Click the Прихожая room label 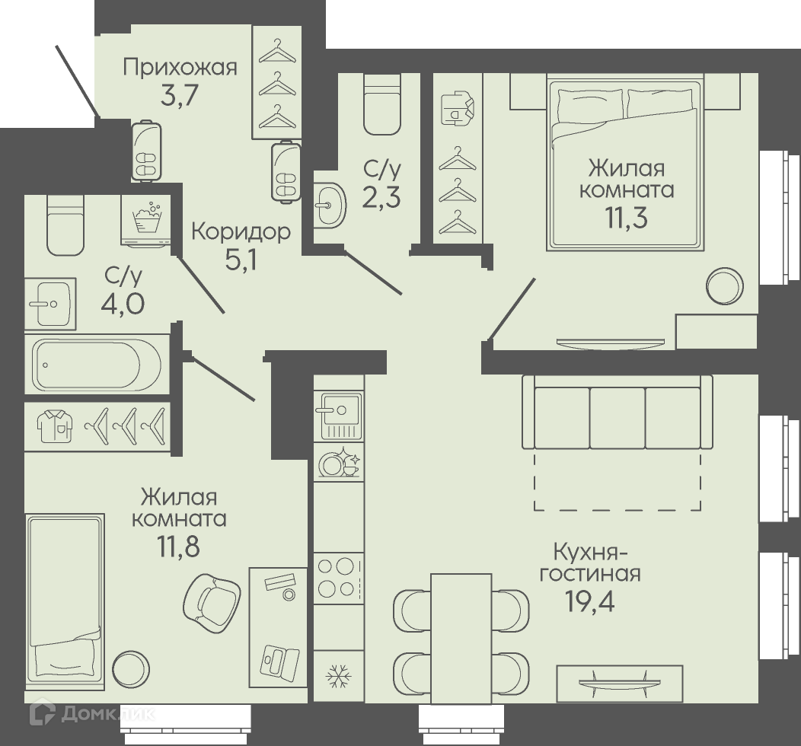click(x=180, y=68)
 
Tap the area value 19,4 click(x=589, y=601)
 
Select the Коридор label click(x=241, y=232)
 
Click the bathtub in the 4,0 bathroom click(x=97, y=364)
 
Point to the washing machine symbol click(x=145, y=221)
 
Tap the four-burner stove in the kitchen click(x=339, y=578)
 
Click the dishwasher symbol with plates click(x=340, y=462)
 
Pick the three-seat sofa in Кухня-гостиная click(x=617, y=412)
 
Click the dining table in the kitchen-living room click(x=461, y=629)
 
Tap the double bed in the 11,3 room click(x=625, y=162)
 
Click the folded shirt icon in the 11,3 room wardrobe click(x=458, y=108)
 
